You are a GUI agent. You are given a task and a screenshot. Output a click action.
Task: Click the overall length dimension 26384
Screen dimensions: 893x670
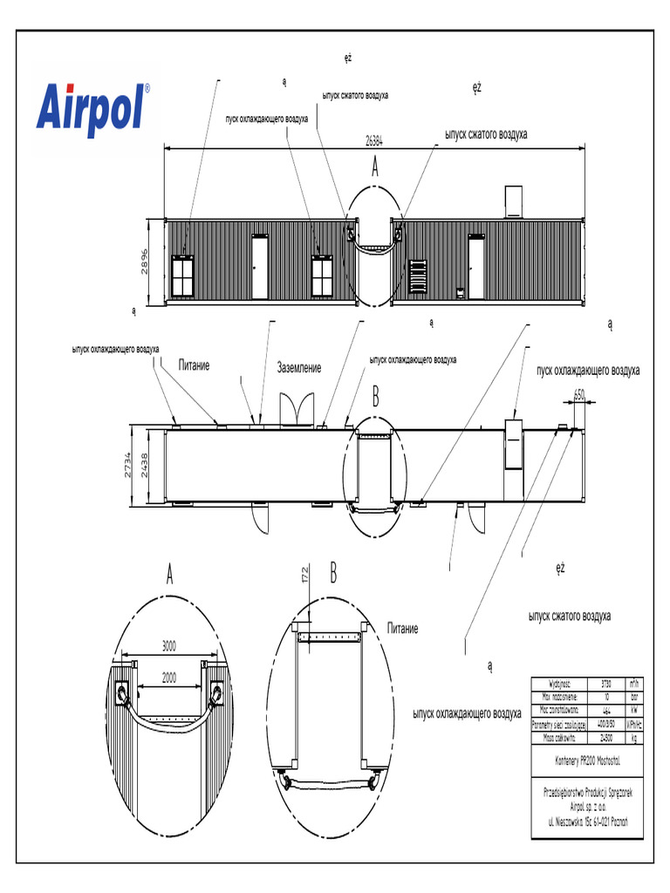click(374, 140)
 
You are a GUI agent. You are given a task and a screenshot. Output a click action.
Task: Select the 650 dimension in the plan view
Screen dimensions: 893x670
click(579, 394)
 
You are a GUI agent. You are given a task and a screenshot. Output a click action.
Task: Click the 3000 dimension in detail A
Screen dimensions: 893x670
click(169, 646)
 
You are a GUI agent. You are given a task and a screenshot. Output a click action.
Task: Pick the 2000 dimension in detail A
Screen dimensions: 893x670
click(169, 676)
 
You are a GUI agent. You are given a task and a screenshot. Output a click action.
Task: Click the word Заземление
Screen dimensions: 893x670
click(299, 368)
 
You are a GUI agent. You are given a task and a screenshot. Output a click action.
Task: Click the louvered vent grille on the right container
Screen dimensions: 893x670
click(418, 276)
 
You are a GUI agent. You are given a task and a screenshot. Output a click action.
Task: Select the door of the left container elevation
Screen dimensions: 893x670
click(260, 267)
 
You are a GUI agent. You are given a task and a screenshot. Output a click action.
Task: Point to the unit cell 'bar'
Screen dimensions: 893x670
click(635, 697)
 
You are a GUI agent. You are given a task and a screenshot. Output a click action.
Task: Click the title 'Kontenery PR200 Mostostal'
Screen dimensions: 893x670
click(589, 760)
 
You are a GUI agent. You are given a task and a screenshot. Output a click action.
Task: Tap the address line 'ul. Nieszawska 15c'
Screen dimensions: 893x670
click(589, 821)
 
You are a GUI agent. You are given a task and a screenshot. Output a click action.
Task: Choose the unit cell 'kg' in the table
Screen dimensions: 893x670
click(635, 737)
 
